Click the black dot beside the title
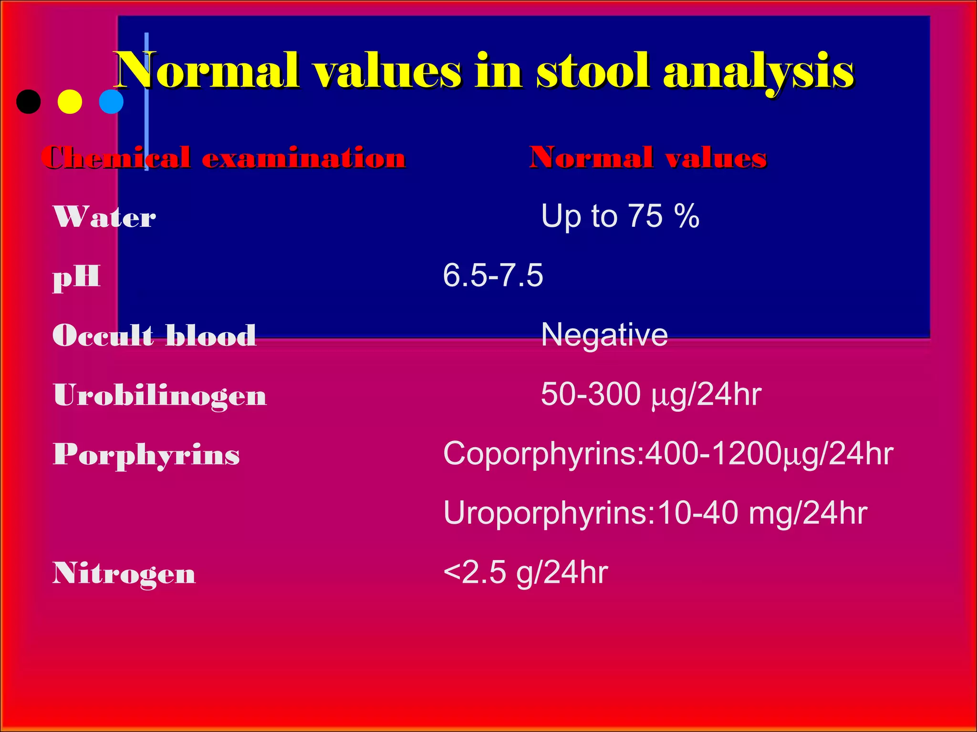(29, 102)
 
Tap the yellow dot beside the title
(70, 102)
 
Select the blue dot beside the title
(111, 102)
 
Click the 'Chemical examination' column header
(223, 157)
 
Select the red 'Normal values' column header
(648, 157)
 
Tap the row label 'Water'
(104, 217)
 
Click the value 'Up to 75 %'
(620, 216)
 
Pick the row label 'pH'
(76, 277)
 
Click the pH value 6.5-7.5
(493, 275)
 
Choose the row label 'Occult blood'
(154, 335)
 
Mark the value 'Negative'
(604, 335)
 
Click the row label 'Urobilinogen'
(160, 395)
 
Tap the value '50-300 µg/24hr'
(651, 395)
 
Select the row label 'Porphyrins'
(146, 455)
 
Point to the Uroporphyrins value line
(655, 513)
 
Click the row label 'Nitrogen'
(124, 573)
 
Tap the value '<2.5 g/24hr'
(525, 572)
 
